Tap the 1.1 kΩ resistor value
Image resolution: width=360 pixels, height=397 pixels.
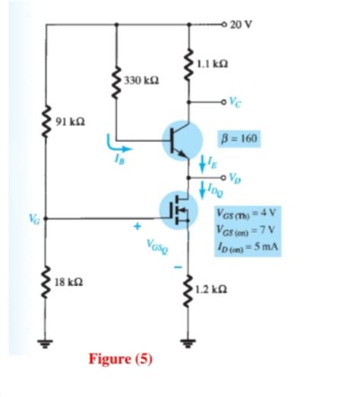tap(211, 64)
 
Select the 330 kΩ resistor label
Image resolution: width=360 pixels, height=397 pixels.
tap(141, 79)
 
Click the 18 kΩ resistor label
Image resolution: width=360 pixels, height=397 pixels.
tap(71, 282)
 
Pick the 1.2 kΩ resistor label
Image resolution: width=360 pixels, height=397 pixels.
tap(211, 290)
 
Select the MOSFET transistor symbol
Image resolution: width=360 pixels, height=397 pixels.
tap(178, 210)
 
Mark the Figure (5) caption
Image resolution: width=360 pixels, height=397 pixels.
tap(121, 358)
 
